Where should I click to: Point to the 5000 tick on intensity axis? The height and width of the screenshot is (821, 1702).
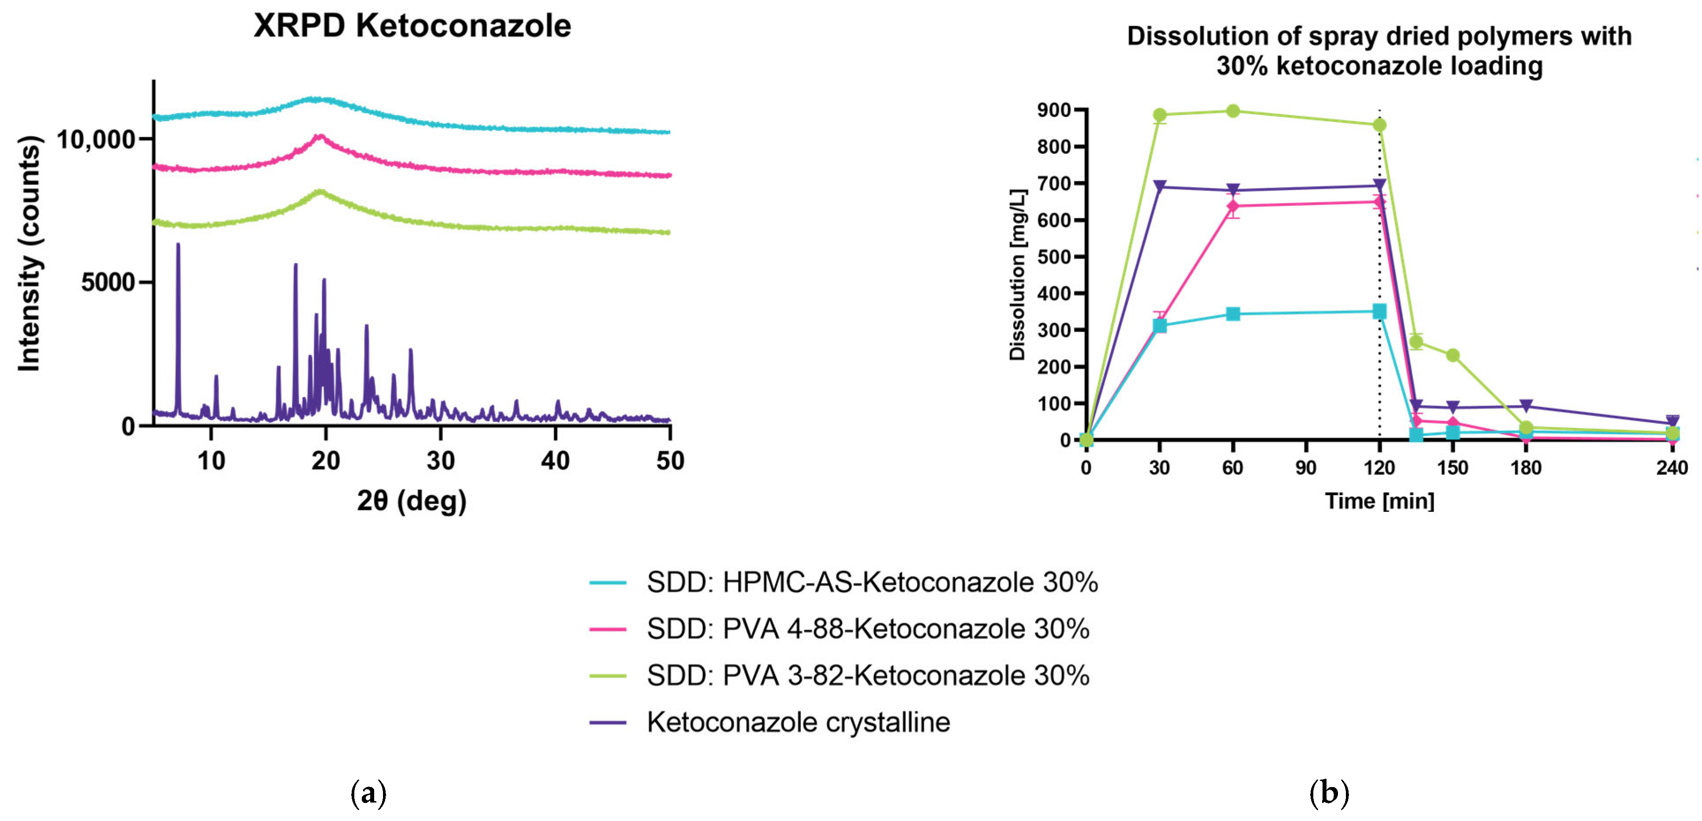(x=108, y=283)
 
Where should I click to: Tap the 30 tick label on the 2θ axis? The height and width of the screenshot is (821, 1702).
(x=441, y=460)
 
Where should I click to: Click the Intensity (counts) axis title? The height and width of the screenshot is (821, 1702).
(x=29, y=254)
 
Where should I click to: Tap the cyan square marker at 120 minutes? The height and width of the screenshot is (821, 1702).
(x=1379, y=311)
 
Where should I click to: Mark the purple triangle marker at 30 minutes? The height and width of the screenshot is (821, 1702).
(x=1159, y=187)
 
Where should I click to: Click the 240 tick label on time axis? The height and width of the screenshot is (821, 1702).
(x=1672, y=468)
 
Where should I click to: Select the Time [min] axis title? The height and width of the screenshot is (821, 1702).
(x=1379, y=501)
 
